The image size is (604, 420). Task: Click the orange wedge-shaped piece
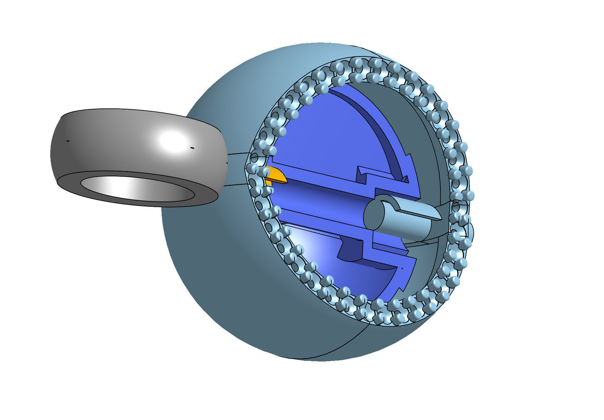click(x=276, y=176)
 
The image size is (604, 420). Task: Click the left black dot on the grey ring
click(x=68, y=141)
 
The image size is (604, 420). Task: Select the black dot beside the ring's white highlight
click(x=192, y=148)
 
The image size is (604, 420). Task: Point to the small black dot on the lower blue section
click(x=402, y=268)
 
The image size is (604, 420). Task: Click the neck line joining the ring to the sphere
click(x=238, y=153)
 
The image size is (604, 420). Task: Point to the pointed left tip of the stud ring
click(x=246, y=170)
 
